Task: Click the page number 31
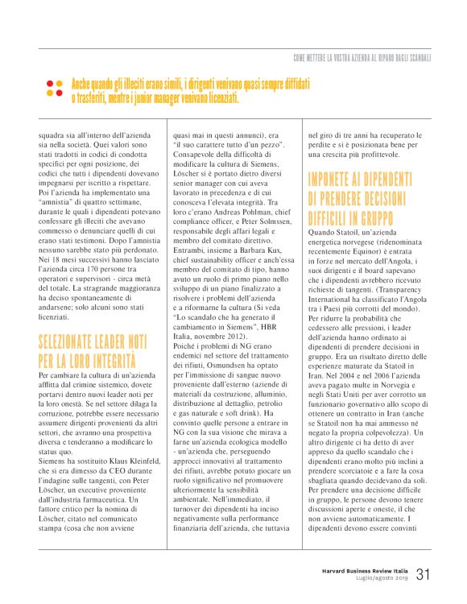tap(424, 575)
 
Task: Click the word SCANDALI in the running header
tap(415, 58)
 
